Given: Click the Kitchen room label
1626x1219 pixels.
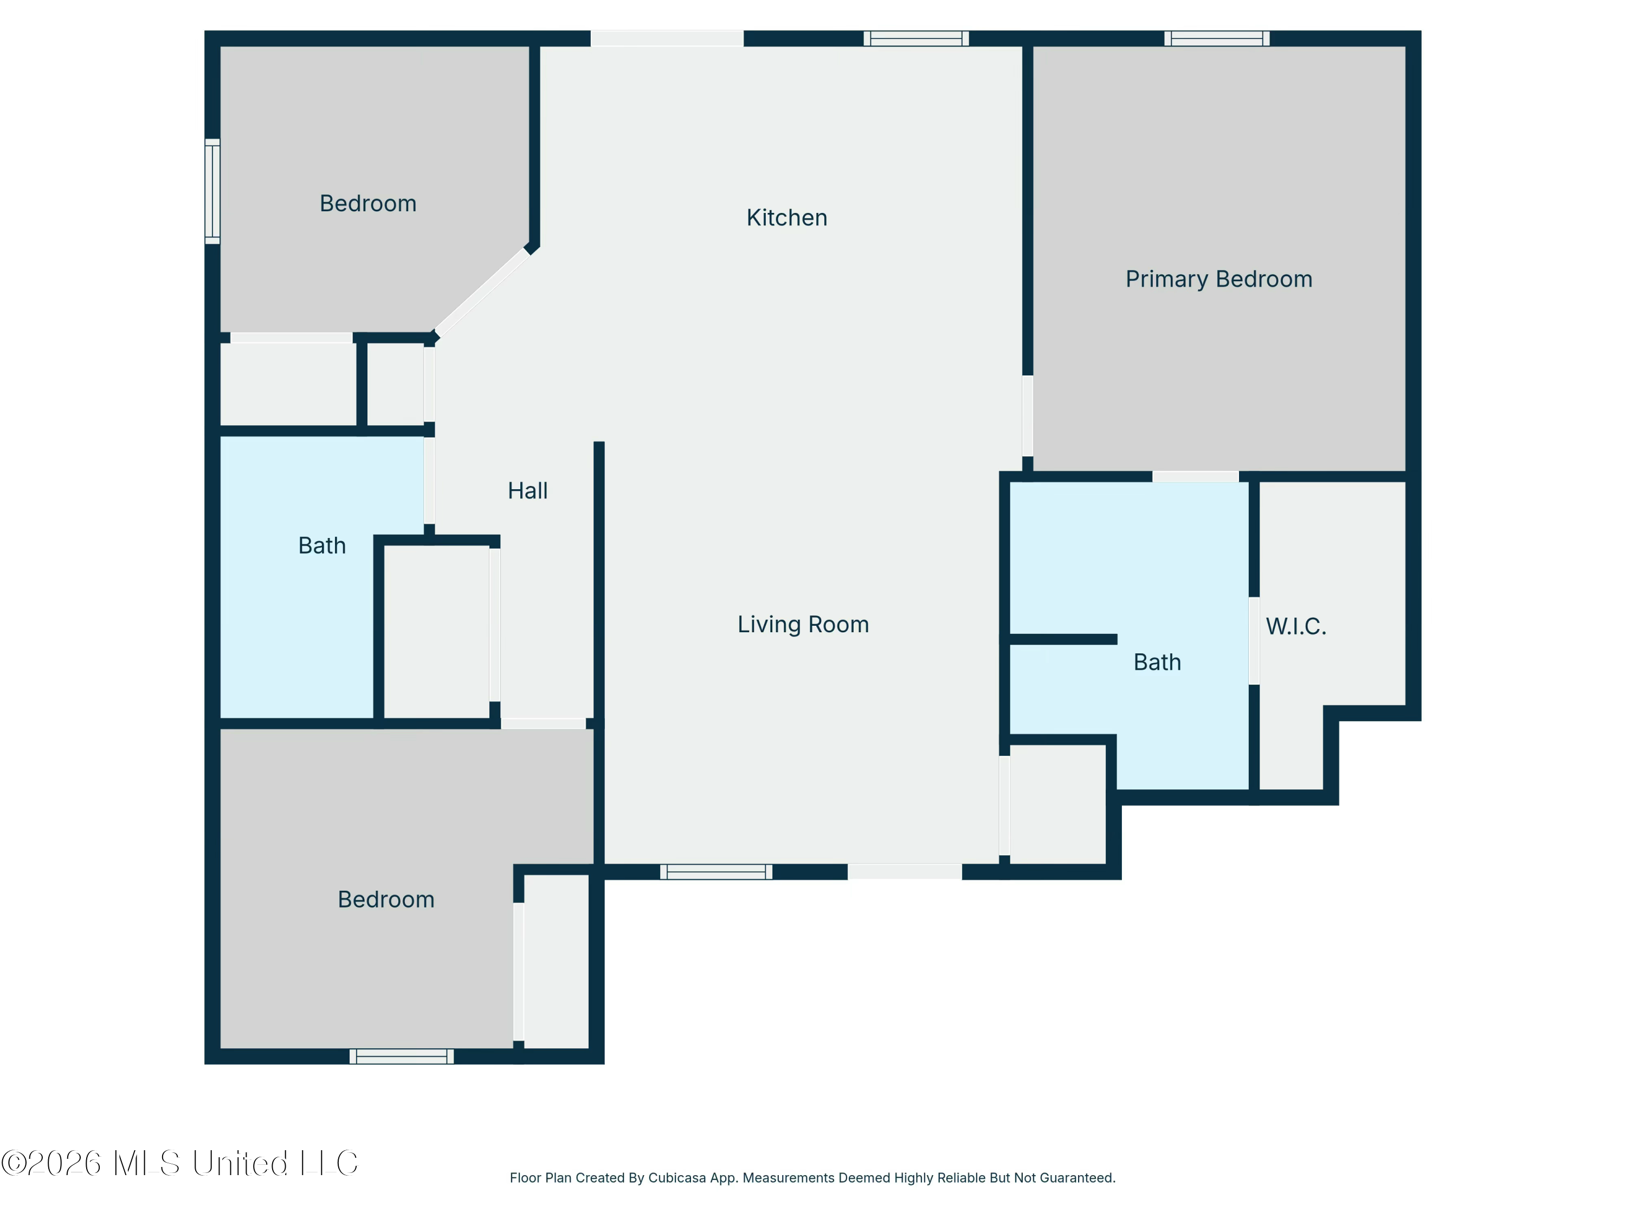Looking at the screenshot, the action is pos(786,217).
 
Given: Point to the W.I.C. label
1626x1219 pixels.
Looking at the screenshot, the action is pos(1296,626).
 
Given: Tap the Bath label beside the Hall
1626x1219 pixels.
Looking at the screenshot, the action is pos(322,545).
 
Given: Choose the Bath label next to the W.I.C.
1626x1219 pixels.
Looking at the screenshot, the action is pos(1157,662).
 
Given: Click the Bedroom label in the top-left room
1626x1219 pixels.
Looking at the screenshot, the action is pos(367,204).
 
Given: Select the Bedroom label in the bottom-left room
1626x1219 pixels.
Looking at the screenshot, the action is pos(386,899).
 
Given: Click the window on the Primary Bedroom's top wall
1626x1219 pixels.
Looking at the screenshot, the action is pos(1217,38).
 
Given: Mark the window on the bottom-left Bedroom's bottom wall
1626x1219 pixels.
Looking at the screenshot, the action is pos(402,1056).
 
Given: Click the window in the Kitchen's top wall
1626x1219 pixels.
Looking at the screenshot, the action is pos(916,38).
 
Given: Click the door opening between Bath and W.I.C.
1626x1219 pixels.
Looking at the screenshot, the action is pos(1254,641).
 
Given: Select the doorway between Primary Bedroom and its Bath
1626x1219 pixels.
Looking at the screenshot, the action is pos(1195,477).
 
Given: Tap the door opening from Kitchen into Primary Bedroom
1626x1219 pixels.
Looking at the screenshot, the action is pos(1028,416).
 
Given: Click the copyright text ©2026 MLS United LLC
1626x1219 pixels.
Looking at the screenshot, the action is pos(179,1163).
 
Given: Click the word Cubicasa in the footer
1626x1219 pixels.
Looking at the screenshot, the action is pos(677,1178).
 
